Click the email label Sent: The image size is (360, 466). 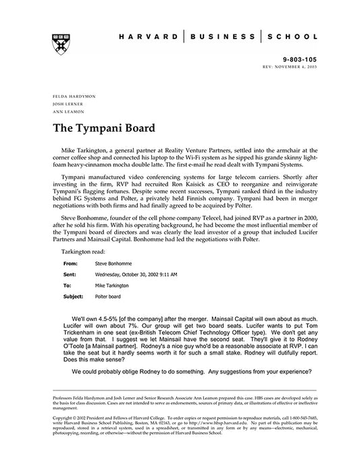[x=70, y=257]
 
